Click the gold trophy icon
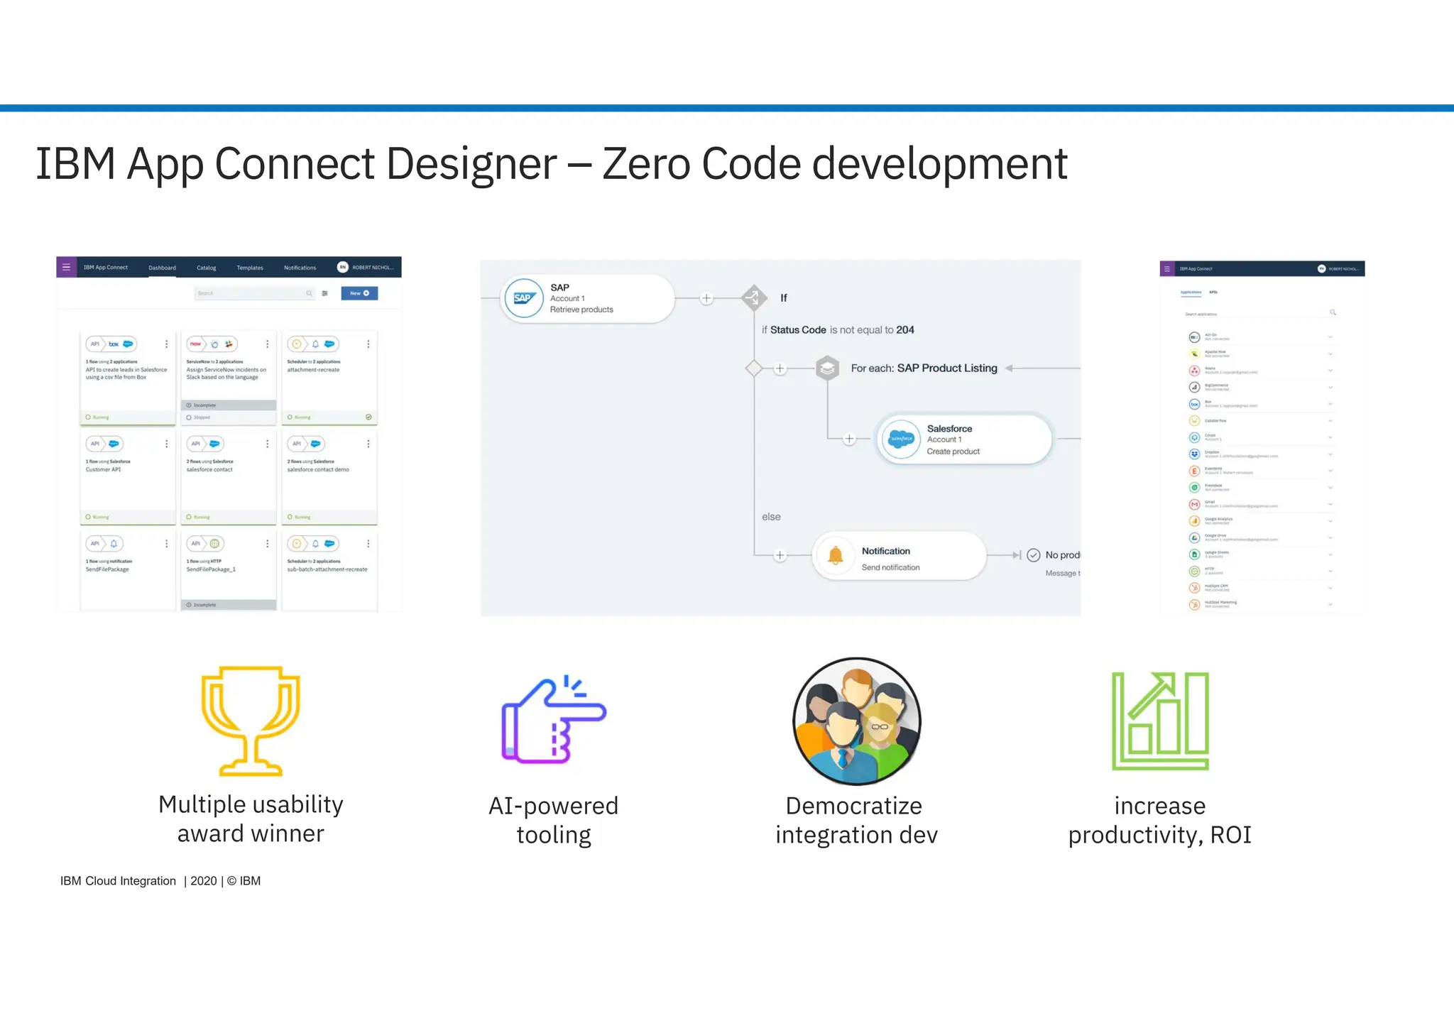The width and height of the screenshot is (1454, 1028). point(251,720)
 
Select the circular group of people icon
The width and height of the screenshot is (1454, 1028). point(857,721)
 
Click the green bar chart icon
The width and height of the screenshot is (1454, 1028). point(1160,721)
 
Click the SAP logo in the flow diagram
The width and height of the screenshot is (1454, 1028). point(524,298)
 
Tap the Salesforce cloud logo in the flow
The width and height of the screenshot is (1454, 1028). point(901,439)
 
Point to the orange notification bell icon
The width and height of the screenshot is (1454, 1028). point(836,556)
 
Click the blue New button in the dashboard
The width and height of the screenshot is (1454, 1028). point(359,293)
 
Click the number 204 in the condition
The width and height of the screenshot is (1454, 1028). point(905,330)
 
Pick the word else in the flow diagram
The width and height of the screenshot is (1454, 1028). point(771,517)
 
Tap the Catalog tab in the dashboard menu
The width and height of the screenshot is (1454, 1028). point(206,268)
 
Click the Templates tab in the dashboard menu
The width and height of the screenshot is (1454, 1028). point(250,268)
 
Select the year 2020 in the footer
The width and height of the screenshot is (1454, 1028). point(204,881)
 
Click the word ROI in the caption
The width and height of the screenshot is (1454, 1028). point(1230,835)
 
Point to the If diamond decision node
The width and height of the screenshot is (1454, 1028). point(754,297)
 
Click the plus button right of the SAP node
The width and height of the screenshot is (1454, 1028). point(706,298)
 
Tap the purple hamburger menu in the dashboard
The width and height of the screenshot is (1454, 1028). point(66,268)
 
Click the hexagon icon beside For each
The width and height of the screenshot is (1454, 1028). point(827,368)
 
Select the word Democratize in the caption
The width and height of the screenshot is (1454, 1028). point(853,806)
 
